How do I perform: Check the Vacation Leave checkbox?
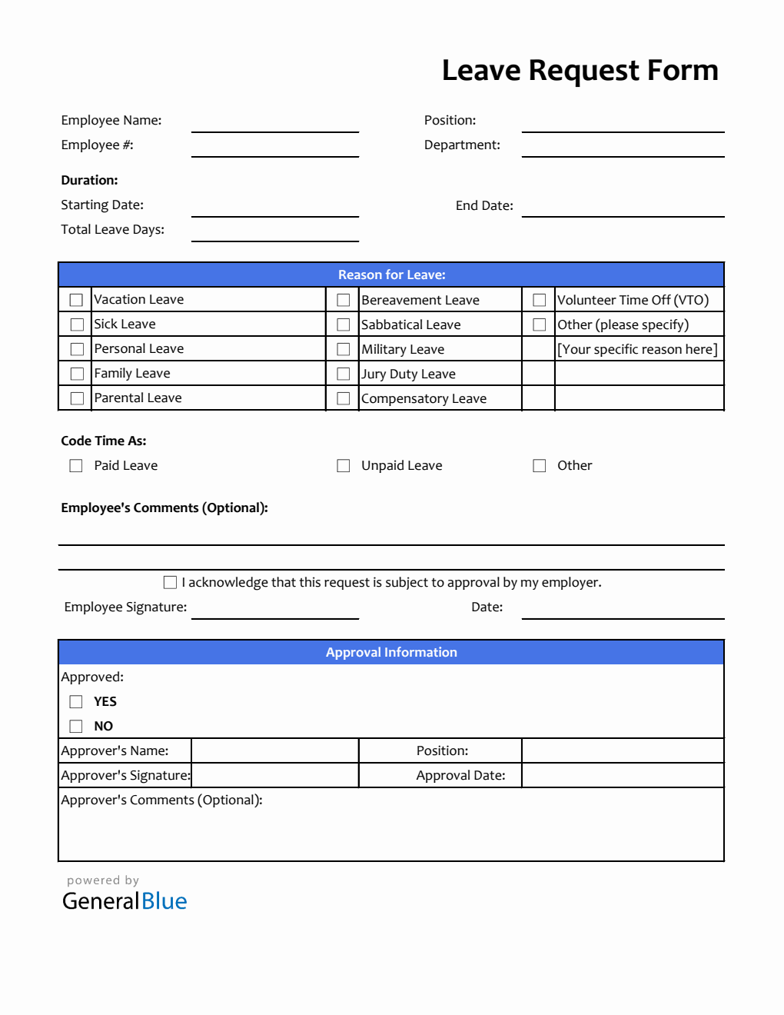[x=76, y=300]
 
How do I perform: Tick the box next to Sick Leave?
[x=76, y=324]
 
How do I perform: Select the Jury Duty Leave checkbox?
[x=344, y=374]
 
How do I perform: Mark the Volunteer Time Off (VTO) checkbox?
[x=540, y=300]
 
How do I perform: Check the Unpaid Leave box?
[x=344, y=466]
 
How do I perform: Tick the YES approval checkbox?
[x=76, y=702]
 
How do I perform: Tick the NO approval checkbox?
[x=76, y=727]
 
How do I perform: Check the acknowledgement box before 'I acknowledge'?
[x=170, y=583]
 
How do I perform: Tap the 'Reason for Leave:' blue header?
[x=391, y=275]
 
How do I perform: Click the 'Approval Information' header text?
[x=391, y=652]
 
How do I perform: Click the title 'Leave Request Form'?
[x=580, y=71]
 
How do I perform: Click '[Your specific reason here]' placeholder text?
[x=637, y=349]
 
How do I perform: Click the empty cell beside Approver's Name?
[x=275, y=750]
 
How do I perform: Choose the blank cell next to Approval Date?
[x=623, y=775]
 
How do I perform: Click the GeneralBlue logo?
[x=125, y=900]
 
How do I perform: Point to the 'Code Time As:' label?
[x=104, y=441]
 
